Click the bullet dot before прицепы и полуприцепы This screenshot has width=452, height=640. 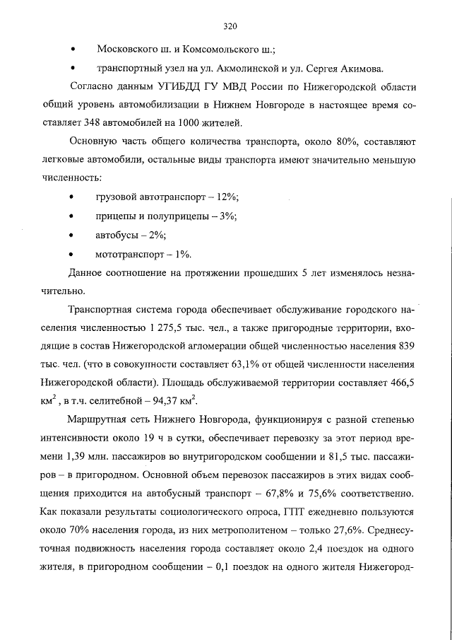pyautogui.click(x=73, y=217)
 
